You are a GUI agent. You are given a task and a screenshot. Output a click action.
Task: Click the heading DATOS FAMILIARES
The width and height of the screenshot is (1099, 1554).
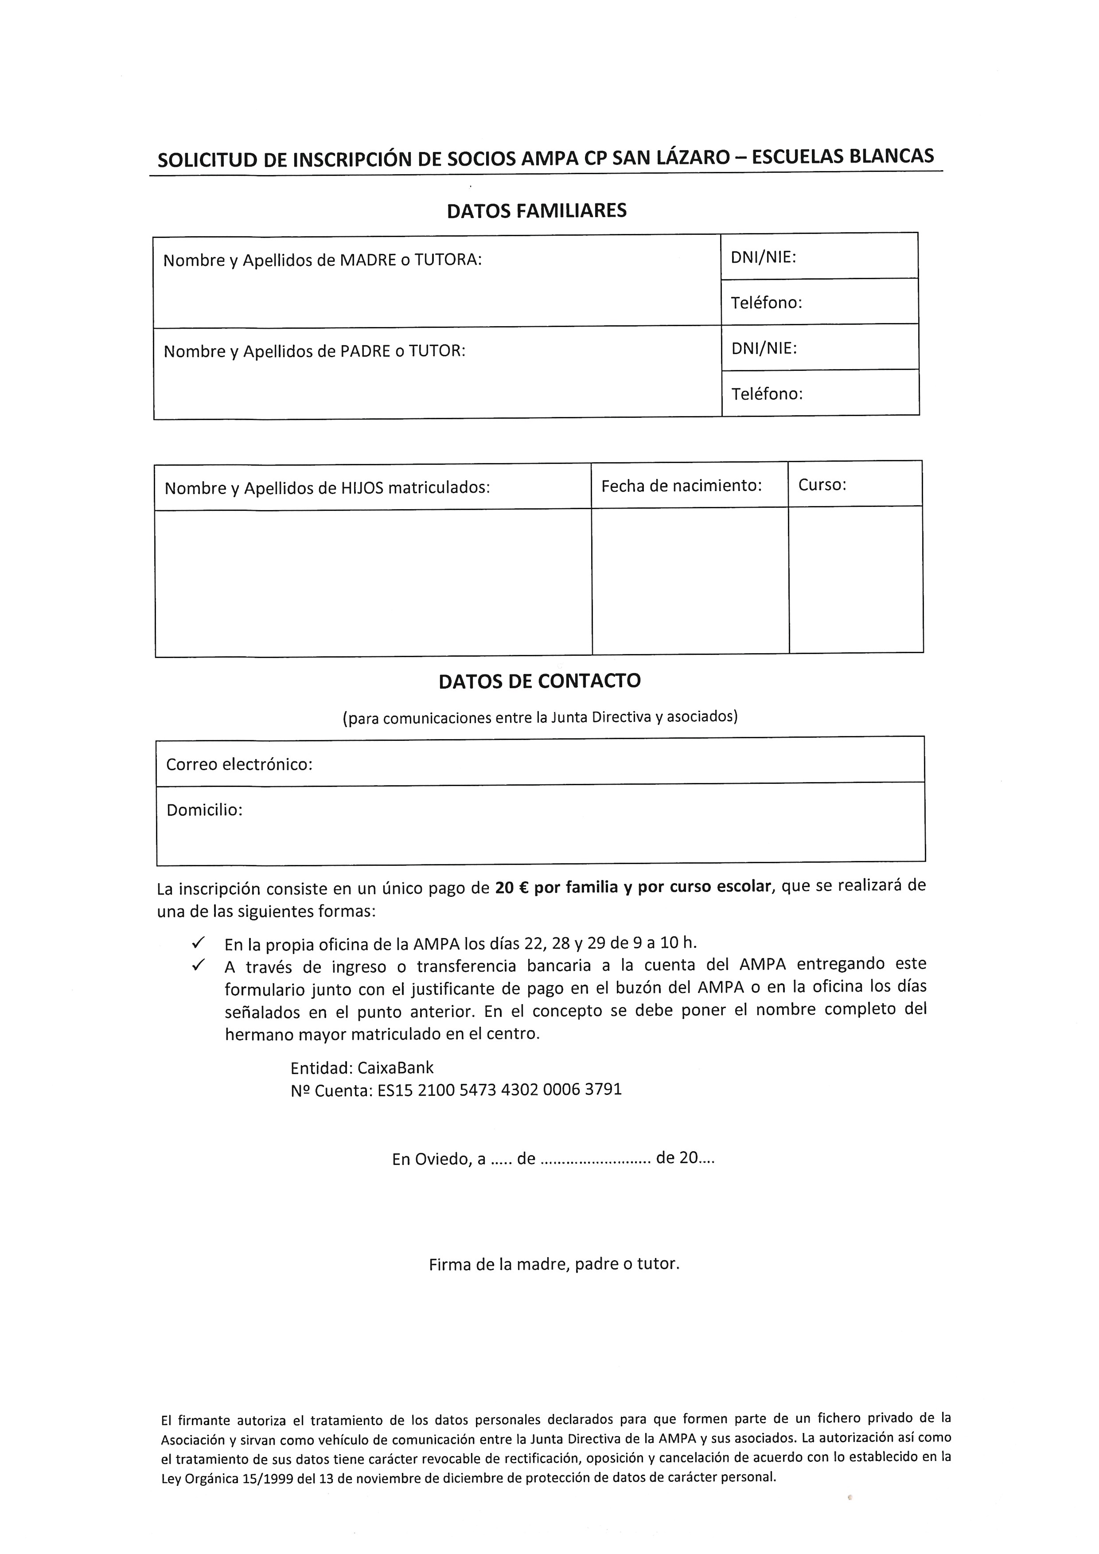pos(537,211)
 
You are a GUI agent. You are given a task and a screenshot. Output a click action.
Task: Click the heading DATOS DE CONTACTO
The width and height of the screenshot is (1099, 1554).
pos(539,681)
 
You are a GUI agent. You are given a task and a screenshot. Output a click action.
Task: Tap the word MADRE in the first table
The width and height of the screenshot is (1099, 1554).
pos(367,260)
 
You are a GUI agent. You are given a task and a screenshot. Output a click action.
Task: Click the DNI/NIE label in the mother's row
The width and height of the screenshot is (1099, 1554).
pos(763,257)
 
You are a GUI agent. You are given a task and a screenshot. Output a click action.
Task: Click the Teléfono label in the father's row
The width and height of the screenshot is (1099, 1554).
pos(767,394)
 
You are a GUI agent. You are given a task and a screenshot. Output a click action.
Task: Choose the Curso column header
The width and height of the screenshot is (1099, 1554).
pos(822,485)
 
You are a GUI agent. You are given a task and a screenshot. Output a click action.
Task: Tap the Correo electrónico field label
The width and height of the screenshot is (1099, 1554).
pos(239,764)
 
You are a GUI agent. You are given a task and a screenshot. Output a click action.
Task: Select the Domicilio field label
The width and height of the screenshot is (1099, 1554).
pos(204,810)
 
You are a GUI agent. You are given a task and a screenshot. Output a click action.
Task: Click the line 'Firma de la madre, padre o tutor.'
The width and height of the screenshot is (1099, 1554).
pos(553,1264)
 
